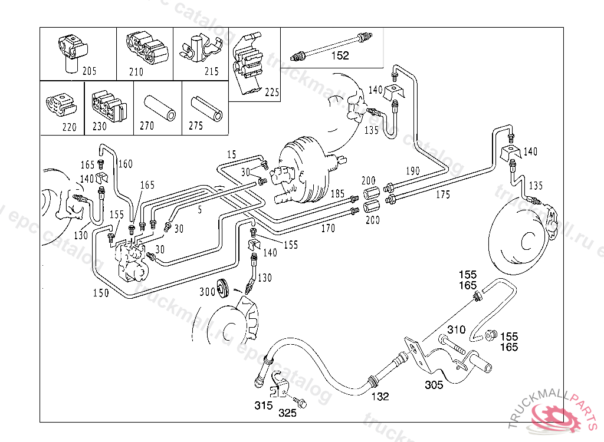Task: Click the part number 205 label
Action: pos(89,72)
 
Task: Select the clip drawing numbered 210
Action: pos(146,50)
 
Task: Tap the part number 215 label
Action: pos(211,72)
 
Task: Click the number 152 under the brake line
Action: pos(340,56)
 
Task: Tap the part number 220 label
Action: pos(70,127)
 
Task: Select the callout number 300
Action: pos(207,292)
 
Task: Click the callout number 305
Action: pos(434,385)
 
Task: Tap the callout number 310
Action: pos(456,330)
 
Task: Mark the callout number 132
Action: pos(380,397)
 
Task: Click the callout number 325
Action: pos(288,413)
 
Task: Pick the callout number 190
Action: pos(412,171)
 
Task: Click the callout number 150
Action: pos(101,293)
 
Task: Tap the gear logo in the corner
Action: pos(557,415)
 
